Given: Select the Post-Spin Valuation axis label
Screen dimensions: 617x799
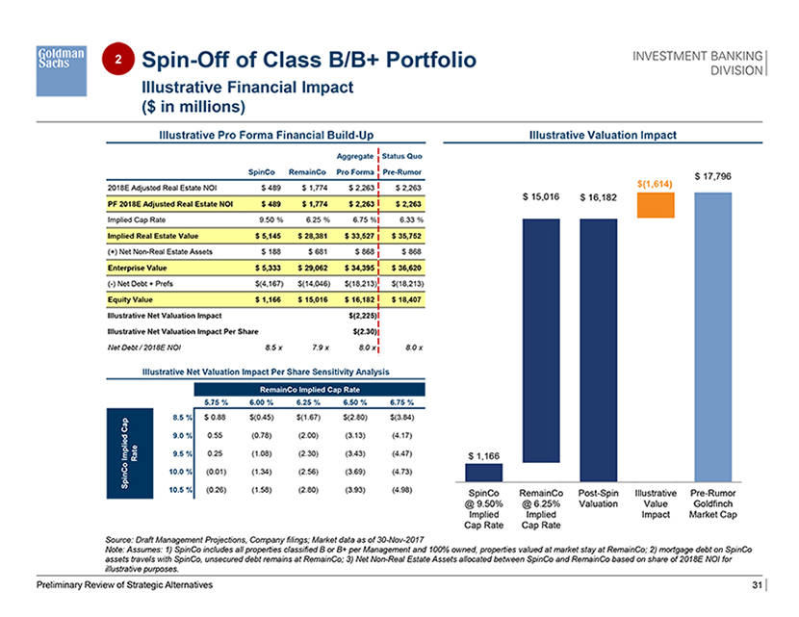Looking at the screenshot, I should (599, 501).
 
